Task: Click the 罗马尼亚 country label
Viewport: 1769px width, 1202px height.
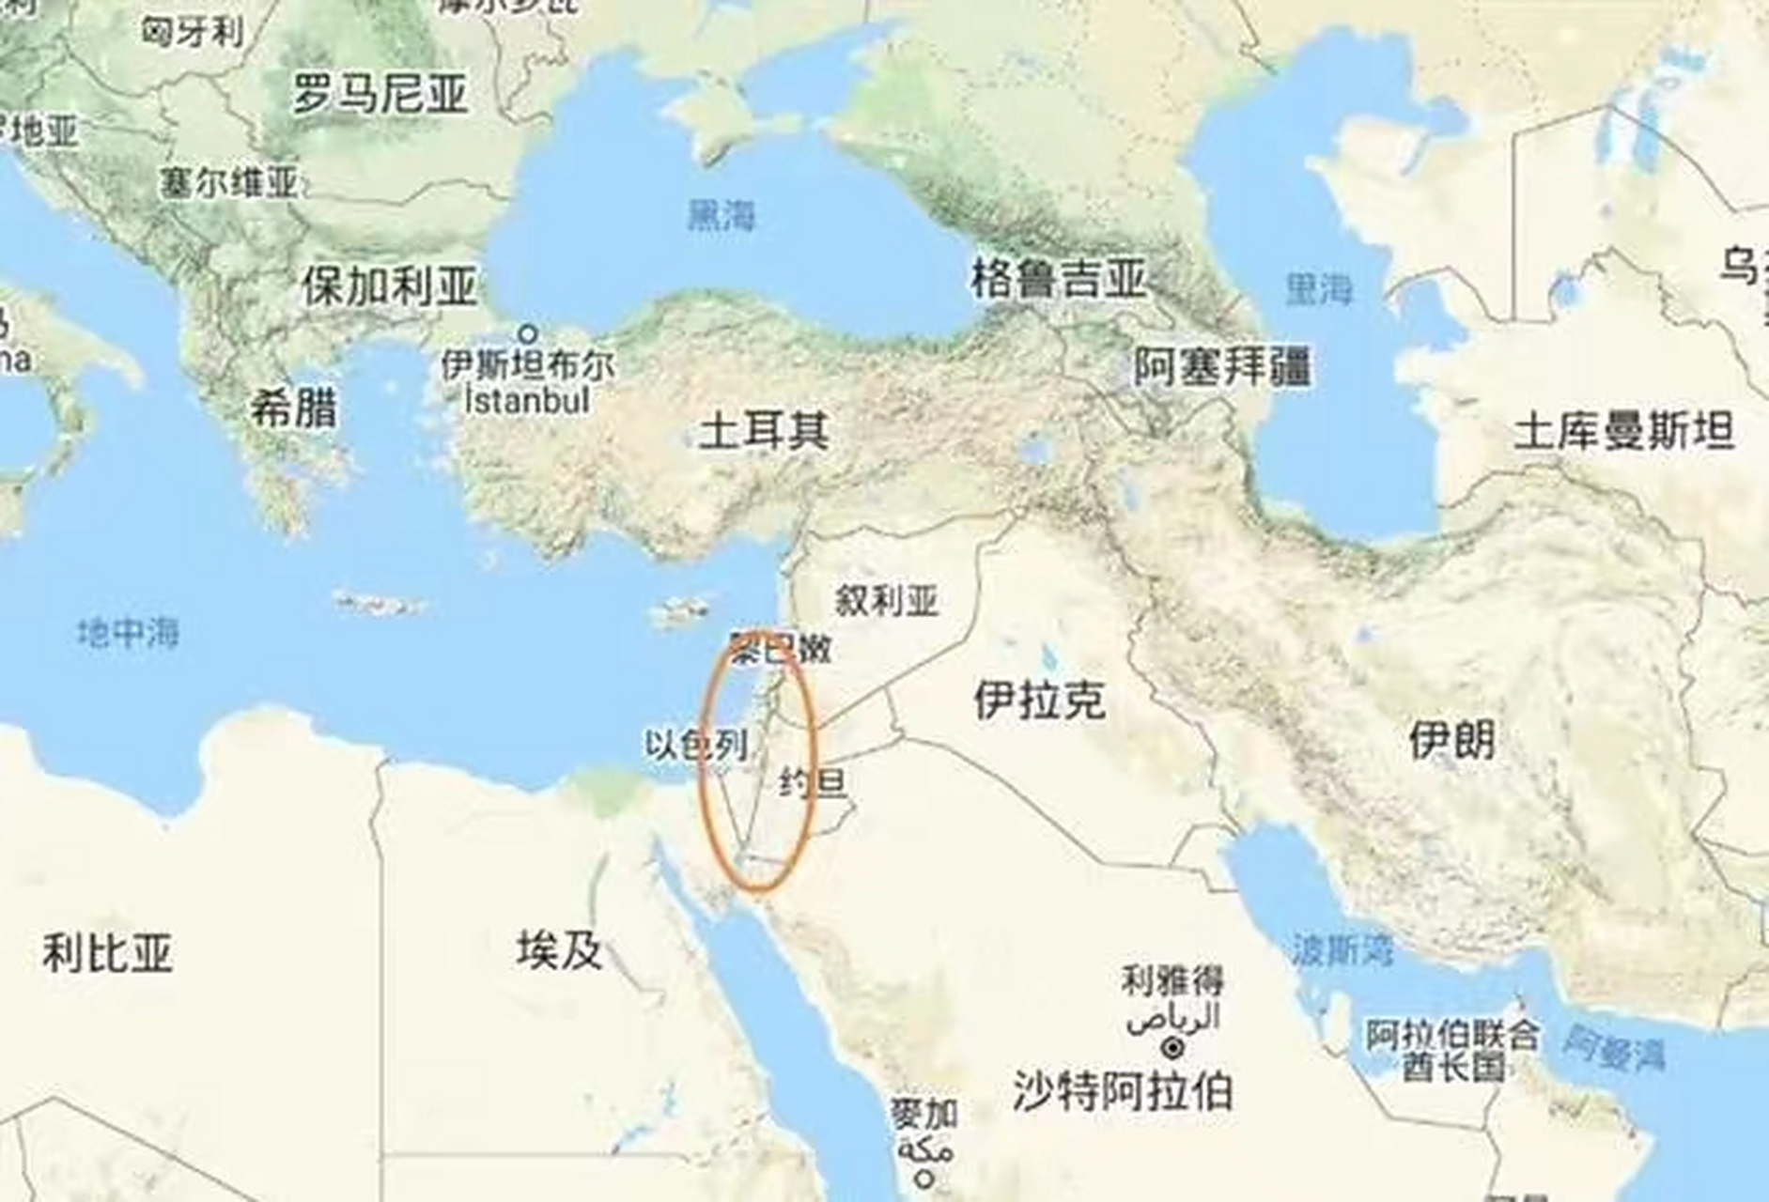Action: (x=380, y=95)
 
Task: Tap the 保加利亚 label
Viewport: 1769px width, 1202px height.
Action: (x=389, y=286)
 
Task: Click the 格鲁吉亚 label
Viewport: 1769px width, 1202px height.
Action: (x=1058, y=279)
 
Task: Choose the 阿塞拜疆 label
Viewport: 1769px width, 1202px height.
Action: (x=1221, y=366)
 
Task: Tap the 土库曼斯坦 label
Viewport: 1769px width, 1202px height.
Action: (x=1623, y=433)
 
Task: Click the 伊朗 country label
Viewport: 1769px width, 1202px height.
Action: (x=1451, y=740)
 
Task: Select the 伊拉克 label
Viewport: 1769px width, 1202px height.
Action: (x=1039, y=701)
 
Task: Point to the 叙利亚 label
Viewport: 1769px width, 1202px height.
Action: (x=887, y=600)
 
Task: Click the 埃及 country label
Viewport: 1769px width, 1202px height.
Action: (x=559, y=950)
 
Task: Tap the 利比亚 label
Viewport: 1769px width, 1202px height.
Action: (x=107, y=953)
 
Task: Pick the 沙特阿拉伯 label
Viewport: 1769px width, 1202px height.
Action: (x=1122, y=1091)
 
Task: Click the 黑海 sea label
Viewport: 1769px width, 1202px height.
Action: (x=721, y=216)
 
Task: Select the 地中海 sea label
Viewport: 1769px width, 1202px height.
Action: (x=128, y=633)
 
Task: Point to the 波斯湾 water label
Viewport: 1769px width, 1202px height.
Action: (x=1342, y=950)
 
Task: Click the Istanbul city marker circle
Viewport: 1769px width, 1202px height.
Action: (x=528, y=333)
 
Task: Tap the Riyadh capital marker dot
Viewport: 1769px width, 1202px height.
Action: (x=1172, y=1046)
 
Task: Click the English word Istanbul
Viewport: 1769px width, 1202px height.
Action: (x=528, y=402)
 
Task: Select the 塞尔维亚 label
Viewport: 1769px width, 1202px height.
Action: (x=228, y=182)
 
